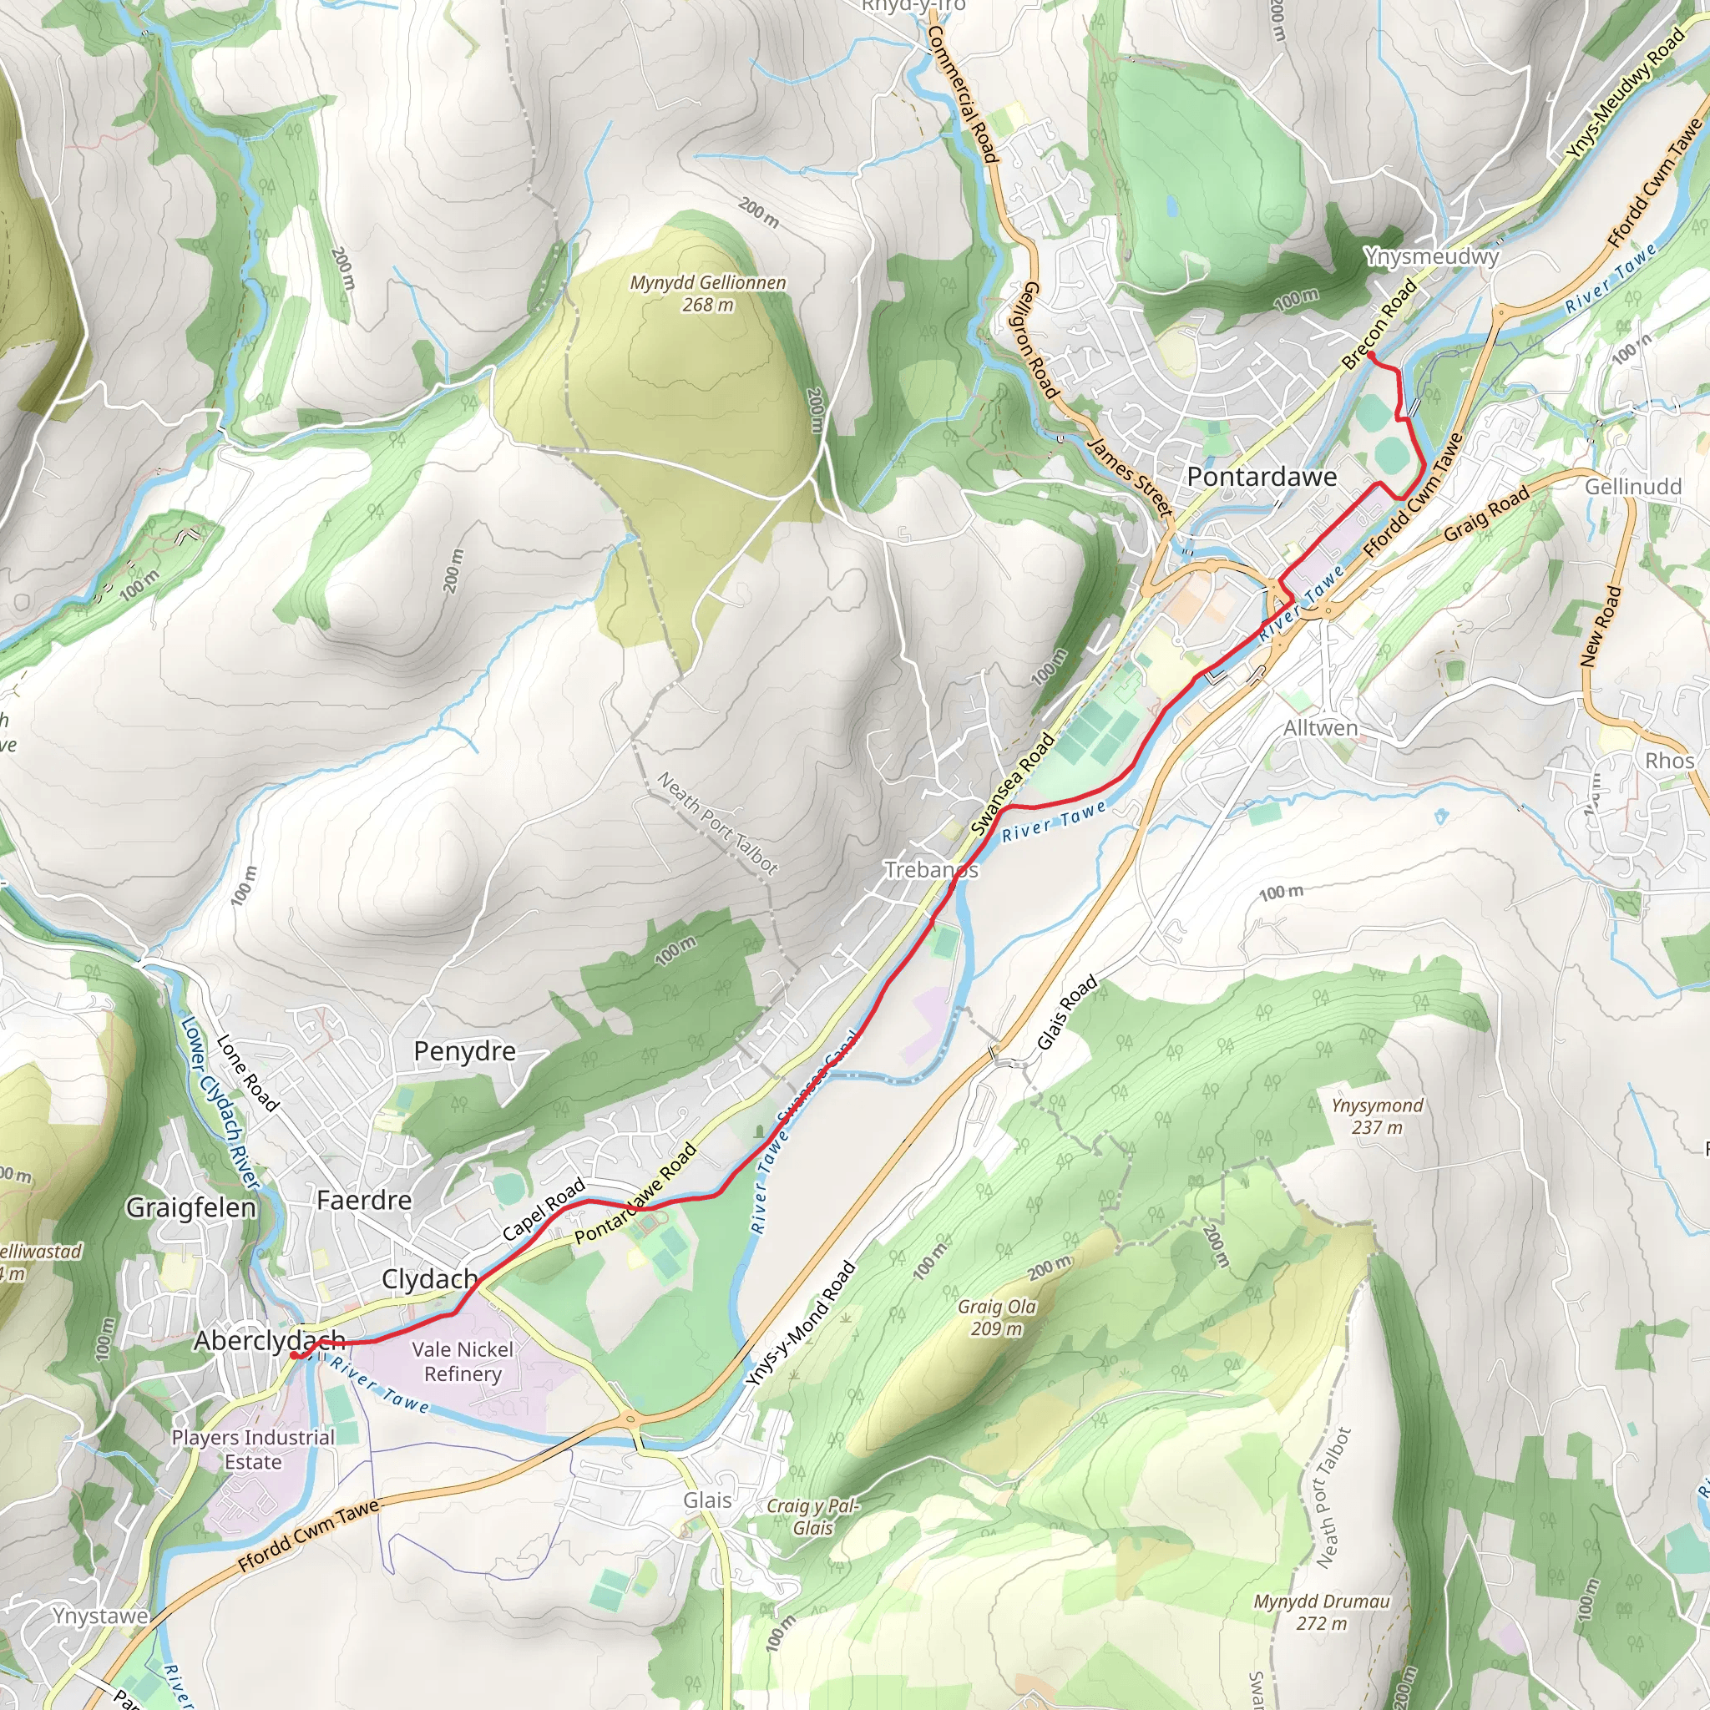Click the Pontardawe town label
click(x=1262, y=477)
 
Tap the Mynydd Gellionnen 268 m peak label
click(x=708, y=293)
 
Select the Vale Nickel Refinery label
click(x=462, y=1361)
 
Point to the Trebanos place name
click(x=931, y=870)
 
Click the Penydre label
click(x=465, y=1051)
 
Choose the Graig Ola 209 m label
click(x=997, y=1317)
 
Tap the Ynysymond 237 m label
click(x=1377, y=1116)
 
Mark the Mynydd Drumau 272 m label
click(x=1322, y=1611)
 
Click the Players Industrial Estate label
click(x=253, y=1449)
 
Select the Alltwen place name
click(x=1321, y=728)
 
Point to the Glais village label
click(x=707, y=1500)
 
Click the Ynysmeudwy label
click(x=1431, y=256)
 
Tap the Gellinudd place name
click(x=1633, y=487)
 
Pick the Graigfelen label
click(x=191, y=1208)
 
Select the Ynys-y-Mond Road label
click(x=800, y=1325)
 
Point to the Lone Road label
click(x=248, y=1073)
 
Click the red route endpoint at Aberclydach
click(x=294, y=1355)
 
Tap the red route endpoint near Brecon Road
click(x=1370, y=355)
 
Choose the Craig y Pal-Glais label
click(x=812, y=1517)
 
